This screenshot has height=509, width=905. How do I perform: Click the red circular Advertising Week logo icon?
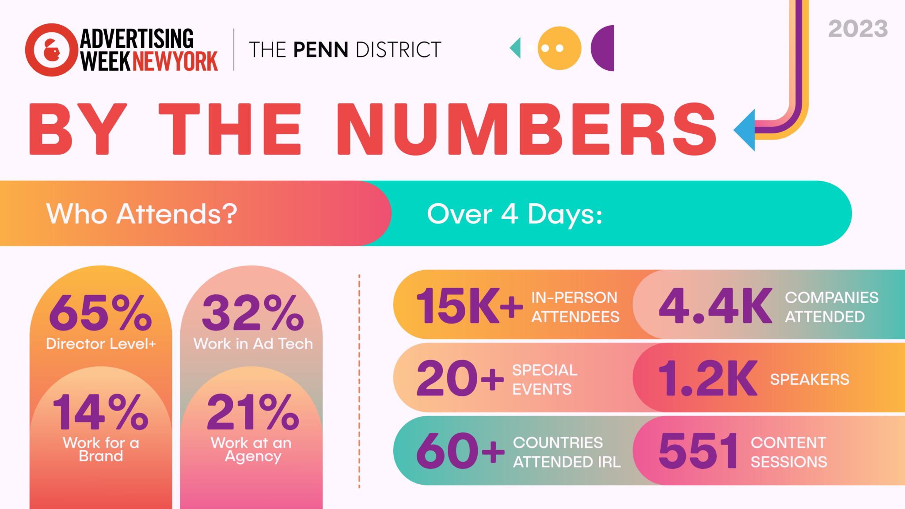click(x=52, y=50)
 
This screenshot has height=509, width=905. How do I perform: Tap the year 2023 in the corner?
click(x=858, y=29)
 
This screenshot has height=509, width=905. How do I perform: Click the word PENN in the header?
click(x=321, y=50)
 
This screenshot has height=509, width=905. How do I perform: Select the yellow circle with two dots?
click(x=559, y=48)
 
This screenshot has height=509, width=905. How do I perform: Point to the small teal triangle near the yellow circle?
click(x=516, y=48)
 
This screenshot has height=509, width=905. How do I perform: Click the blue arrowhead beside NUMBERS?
click(x=746, y=130)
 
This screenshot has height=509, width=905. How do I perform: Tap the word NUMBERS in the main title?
click(x=526, y=129)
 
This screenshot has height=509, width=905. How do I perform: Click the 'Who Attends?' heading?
click(x=142, y=214)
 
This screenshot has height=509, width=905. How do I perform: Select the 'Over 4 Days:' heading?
click(x=514, y=214)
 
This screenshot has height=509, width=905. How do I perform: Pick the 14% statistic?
click(x=101, y=412)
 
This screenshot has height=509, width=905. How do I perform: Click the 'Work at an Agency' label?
click(x=251, y=449)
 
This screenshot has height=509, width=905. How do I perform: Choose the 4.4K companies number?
click(x=715, y=306)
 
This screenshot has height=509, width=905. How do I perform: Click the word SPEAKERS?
click(x=809, y=380)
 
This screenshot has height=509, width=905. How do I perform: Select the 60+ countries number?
click(x=460, y=451)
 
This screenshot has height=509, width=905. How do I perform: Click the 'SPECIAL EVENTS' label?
click(x=544, y=380)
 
